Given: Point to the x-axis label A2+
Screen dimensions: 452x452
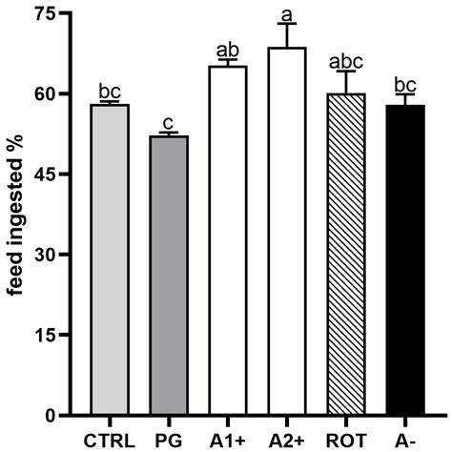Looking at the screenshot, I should tap(286, 440).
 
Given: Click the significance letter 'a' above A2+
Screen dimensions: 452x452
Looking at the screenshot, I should tap(285, 12).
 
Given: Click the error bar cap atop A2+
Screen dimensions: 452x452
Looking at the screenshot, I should tap(285, 24).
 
